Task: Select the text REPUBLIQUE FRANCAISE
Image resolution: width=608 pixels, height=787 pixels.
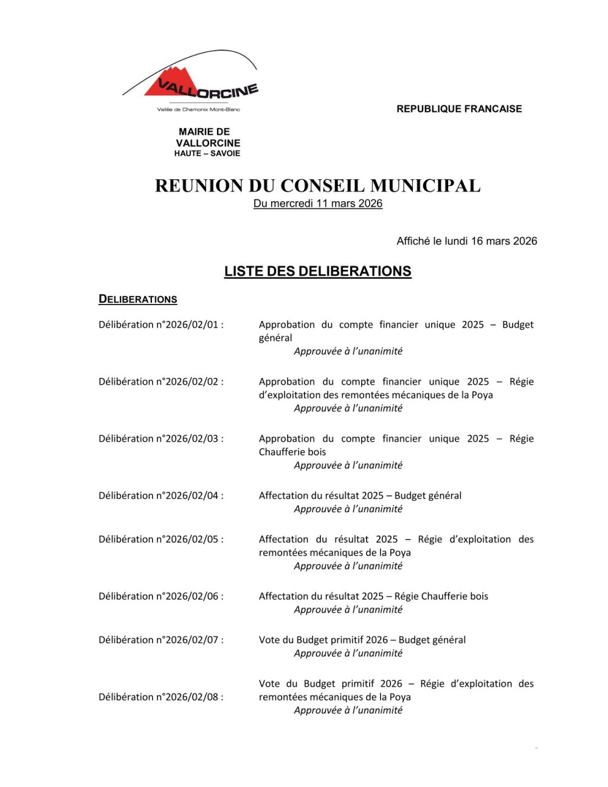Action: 459,109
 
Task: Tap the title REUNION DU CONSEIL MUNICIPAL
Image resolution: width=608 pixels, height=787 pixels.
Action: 317,185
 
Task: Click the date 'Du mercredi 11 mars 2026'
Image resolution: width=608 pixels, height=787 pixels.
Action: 317,204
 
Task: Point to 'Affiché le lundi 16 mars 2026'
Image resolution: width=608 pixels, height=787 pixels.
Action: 466,241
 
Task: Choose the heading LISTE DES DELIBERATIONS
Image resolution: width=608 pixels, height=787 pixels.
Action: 317,271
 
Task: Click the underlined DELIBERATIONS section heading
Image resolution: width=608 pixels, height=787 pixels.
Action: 138,299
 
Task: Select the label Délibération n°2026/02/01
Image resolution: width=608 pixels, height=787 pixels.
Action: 161,325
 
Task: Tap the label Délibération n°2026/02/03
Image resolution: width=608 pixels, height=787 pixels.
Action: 161,439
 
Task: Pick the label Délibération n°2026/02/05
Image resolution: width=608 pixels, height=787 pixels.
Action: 161,539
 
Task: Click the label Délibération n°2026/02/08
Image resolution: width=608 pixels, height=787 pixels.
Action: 161,697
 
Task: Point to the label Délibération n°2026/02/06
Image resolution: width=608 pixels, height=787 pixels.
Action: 161,596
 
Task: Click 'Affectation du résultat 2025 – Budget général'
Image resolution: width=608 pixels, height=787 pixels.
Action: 360,496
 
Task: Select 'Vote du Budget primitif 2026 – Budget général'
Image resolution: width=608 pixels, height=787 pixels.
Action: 362,640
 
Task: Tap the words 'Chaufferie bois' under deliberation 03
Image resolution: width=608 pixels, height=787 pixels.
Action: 292,452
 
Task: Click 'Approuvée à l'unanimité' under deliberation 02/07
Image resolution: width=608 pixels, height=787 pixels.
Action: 348,653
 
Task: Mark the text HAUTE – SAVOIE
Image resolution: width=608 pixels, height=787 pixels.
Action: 207,154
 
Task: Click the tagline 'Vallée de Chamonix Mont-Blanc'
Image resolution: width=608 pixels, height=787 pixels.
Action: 199,109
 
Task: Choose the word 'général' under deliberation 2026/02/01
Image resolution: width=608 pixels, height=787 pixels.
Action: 275,338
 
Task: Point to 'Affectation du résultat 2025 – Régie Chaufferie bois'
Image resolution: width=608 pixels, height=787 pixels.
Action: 373,596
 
